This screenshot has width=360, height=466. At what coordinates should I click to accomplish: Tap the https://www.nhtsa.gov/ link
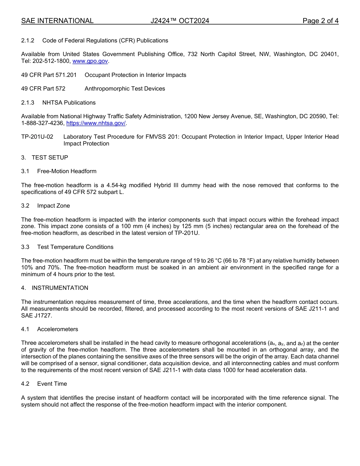coord(96,123)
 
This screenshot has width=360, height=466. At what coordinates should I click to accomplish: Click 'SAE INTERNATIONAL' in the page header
coord(57,21)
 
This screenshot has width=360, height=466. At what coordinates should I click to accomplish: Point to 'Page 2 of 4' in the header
coord(320,21)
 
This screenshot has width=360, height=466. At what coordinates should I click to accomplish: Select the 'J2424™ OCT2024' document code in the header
coord(180,21)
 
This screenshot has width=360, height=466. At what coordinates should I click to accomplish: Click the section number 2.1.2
coord(28,41)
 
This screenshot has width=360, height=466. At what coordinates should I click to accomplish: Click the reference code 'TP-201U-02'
coord(37,137)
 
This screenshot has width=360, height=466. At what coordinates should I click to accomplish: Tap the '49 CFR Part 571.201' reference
coord(49,75)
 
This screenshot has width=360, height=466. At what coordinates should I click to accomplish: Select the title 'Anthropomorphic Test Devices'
coord(125,89)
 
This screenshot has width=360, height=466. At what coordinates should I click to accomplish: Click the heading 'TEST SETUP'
coord(50,158)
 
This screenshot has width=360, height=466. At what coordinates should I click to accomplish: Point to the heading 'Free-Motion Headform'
coord(67,171)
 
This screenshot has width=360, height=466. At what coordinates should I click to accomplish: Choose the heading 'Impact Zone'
coord(53,206)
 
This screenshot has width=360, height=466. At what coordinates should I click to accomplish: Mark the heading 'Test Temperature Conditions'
coord(75,247)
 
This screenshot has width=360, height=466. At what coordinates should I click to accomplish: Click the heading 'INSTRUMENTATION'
coord(60,288)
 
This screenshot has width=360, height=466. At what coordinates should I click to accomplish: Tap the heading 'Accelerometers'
coord(58,329)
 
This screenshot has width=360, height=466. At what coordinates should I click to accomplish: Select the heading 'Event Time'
coord(52,384)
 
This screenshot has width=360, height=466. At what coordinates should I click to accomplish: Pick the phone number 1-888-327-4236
coord(42,123)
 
